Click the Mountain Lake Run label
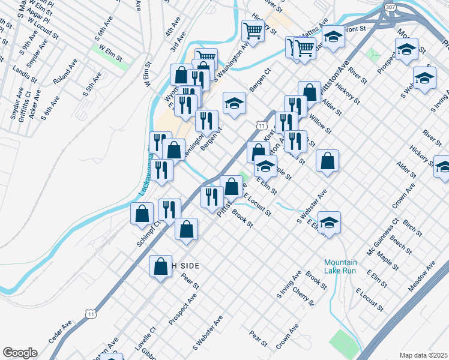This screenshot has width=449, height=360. coord(340,266)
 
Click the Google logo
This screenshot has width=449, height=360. coord(20,353)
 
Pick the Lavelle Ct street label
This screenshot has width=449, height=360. coord(145,339)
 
